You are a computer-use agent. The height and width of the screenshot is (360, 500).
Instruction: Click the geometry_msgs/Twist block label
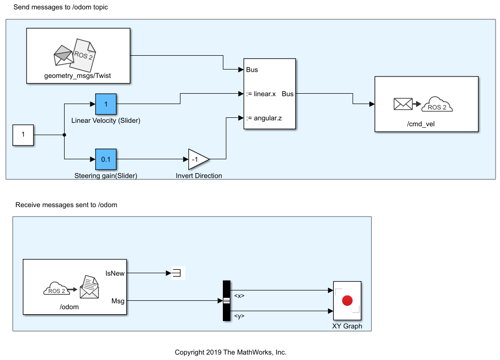(x=78, y=76)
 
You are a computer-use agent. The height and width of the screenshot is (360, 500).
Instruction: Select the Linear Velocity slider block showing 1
(x=106, y=104)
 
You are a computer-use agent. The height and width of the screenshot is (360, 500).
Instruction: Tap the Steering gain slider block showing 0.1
(x=106, y=159)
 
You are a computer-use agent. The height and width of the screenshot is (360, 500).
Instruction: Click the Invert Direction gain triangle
(x=198, y=159)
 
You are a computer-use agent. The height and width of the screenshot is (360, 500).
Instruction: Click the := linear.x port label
(x=262, y=94)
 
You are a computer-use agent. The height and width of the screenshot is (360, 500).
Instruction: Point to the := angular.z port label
(x=263, y=118)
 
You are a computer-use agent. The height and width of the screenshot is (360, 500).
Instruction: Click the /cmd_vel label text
(x=421, y=124)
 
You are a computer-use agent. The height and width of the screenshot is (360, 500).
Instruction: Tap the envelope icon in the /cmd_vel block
(x=403, y=104)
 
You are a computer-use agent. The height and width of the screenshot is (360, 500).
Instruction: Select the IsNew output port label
(x=115, y=273)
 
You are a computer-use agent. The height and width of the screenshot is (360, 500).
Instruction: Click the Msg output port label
(x=118, y=300)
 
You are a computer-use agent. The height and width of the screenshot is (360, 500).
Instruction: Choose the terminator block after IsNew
(x=177, y=273)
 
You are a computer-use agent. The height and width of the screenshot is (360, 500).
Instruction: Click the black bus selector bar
(x=226, y=300)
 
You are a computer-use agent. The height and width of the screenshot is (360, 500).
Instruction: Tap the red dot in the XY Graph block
(x=347, y=300)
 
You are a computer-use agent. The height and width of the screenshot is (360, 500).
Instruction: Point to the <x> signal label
(x=239, y=296)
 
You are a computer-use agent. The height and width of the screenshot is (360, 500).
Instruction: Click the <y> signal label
(x=239, y=316)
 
